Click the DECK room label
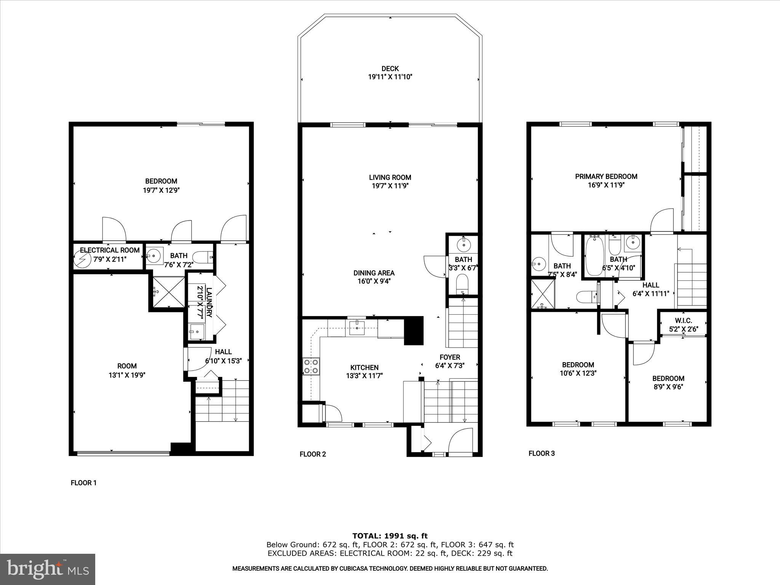390,69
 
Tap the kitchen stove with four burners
311,366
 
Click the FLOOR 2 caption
313,454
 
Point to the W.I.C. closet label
683,321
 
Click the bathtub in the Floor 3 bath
593,256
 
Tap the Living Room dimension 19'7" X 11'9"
390,186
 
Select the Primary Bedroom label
606,176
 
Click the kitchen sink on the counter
357,328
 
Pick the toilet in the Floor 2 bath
463,285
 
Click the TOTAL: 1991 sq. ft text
390,536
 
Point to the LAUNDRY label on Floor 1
209,302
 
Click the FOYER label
450,357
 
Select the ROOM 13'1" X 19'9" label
127,370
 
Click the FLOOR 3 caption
542,453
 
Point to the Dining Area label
374,273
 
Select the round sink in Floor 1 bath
154,256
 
